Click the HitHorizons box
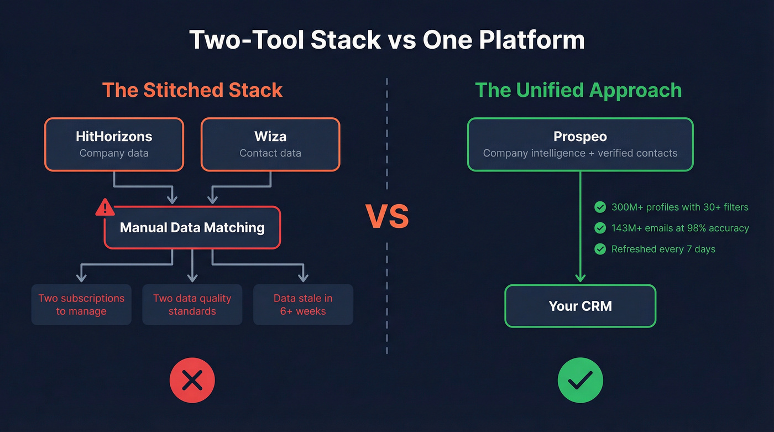114,144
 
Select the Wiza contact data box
270,144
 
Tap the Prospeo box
580,144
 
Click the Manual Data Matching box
192,227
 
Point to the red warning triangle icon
105,208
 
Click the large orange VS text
387,217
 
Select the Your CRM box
580,306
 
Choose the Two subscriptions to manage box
81,305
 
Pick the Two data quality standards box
192,305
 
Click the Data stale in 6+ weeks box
303,305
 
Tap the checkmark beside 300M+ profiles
600,207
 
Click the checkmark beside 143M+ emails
600,228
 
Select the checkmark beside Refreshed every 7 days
600,249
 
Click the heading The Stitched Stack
192,90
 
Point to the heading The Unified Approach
578,90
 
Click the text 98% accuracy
719,228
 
